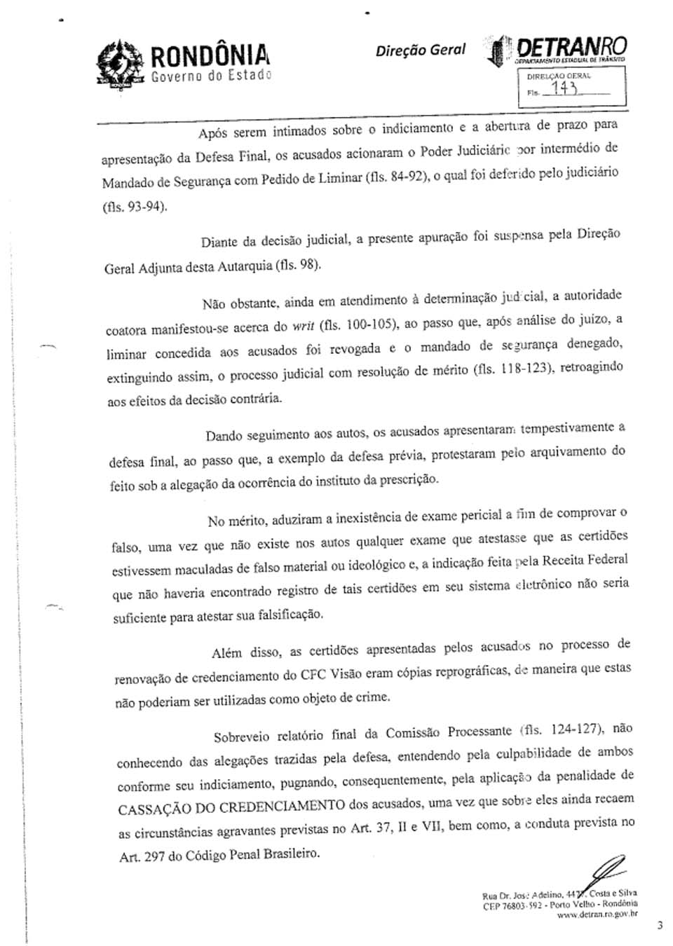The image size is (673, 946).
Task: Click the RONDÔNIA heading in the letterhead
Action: tap(210, 56)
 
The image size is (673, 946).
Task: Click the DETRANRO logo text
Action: tap(571, 47)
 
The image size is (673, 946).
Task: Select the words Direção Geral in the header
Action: tap(420, 50)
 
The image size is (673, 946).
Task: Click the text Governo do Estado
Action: tap(210, 76)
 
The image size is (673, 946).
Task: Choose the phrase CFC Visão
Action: tap(330, 675)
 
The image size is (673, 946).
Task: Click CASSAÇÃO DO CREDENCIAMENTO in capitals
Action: tap(231, 807)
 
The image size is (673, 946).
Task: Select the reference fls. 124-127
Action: tap(565, 729)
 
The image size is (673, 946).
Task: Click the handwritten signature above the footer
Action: tap(609, 870)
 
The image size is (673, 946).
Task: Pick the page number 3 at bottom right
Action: tap(660, 925)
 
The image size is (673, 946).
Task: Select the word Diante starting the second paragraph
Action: tap(219, 242)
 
